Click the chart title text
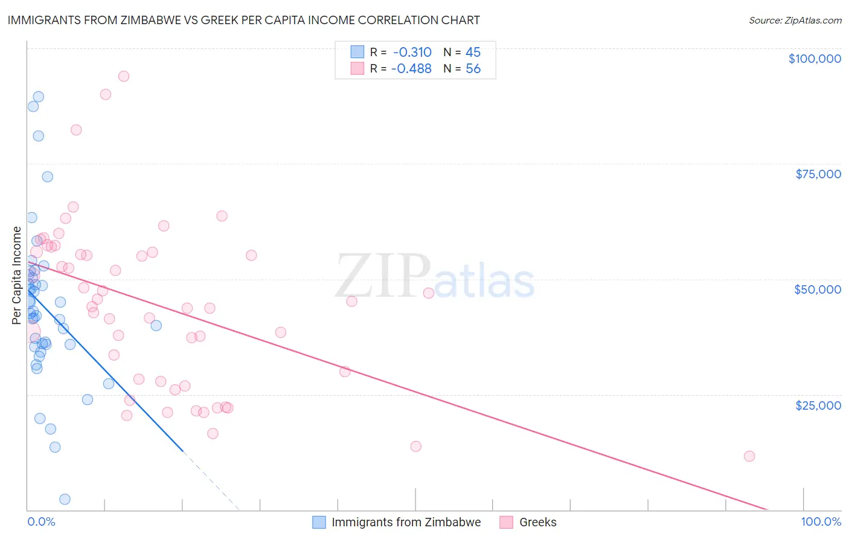point(243,20)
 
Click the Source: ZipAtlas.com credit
point(795,21)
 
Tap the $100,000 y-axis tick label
point(815,59)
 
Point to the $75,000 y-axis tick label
point(818,174)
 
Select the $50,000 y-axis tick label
point(818,289)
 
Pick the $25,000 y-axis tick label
point(818,405)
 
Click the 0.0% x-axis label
point(41,521)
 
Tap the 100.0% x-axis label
point(821,521)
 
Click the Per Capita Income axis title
point(17,275)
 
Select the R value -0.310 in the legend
point(411,53)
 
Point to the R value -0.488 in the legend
point(411,69)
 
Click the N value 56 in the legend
point(473,69)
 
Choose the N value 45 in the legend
point(473,53)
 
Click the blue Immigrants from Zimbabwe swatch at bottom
point(319,522)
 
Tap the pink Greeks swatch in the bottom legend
point(506,522)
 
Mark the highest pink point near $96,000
point(124,76)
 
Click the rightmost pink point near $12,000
point(749,456)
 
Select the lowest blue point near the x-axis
point(65,499)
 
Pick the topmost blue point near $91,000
point(39,97)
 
